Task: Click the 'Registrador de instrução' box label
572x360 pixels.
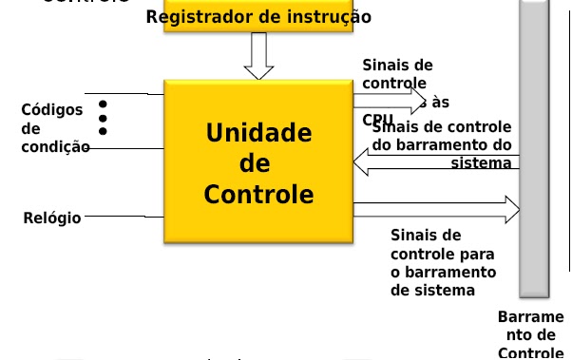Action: [x=258, y=17]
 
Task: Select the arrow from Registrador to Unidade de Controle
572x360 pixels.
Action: [x=258, y=56]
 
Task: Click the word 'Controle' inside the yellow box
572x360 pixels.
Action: [x=258, y=195]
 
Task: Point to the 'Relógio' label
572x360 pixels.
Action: [x=51, y=218]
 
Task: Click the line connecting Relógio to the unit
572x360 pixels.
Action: [x=124, y=218]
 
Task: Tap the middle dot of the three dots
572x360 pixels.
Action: [x=103, y=118]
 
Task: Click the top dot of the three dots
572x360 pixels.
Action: [x=103, y=104]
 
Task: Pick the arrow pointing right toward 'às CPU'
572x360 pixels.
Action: [x=390, y=98]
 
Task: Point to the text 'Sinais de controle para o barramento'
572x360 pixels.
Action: [x=432, y=261]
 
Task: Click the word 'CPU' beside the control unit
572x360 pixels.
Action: [x=377, y=120]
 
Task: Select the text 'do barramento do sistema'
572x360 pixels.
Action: [x=443, y=153]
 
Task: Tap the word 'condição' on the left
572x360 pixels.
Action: [x=55, y=146]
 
